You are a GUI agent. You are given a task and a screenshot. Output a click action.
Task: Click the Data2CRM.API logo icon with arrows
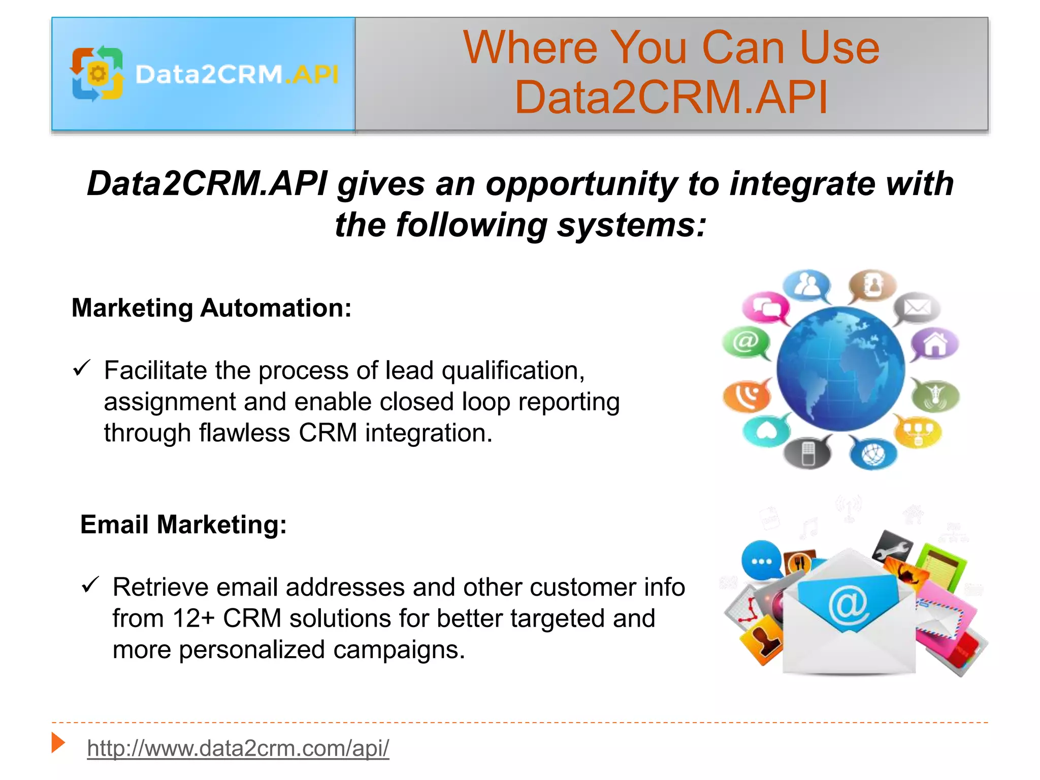[97, 74]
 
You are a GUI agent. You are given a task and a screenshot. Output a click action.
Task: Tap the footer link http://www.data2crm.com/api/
[238, 748]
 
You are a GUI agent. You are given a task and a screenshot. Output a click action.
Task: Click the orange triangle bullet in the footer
[58, 743]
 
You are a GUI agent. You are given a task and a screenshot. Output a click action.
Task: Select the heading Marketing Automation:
[211, 308]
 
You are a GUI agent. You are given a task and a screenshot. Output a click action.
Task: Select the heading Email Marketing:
[183, 524]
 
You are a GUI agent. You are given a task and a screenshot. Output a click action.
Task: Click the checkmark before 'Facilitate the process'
[81, 368]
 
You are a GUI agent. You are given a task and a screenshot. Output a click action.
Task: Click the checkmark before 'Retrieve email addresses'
[90, 585]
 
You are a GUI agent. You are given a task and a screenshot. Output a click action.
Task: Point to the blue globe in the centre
[840, 369]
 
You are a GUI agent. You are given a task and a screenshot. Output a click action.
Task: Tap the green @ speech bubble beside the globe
[745, 342]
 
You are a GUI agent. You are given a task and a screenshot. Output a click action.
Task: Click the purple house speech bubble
[934, 344]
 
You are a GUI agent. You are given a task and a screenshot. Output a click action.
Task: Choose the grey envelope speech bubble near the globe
[917, 308]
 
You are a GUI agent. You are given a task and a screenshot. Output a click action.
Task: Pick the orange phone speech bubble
[746, 396]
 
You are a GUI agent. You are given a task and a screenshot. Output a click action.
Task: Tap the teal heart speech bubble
[766, 431]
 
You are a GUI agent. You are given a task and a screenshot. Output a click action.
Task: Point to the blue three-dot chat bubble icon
[761, 561]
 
